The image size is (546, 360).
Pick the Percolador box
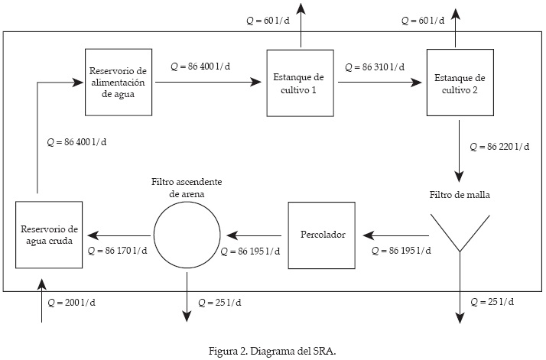coord(321,235)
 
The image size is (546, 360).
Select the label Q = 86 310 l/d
coord(375,66)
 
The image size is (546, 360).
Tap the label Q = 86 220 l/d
coord(499,145)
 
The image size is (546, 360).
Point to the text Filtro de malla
coord(460,195)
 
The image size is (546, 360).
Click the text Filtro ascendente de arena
coord(187,188)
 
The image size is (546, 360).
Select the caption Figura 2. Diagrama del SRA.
coord(272,350)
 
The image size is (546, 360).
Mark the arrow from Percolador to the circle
coord(255,235)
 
